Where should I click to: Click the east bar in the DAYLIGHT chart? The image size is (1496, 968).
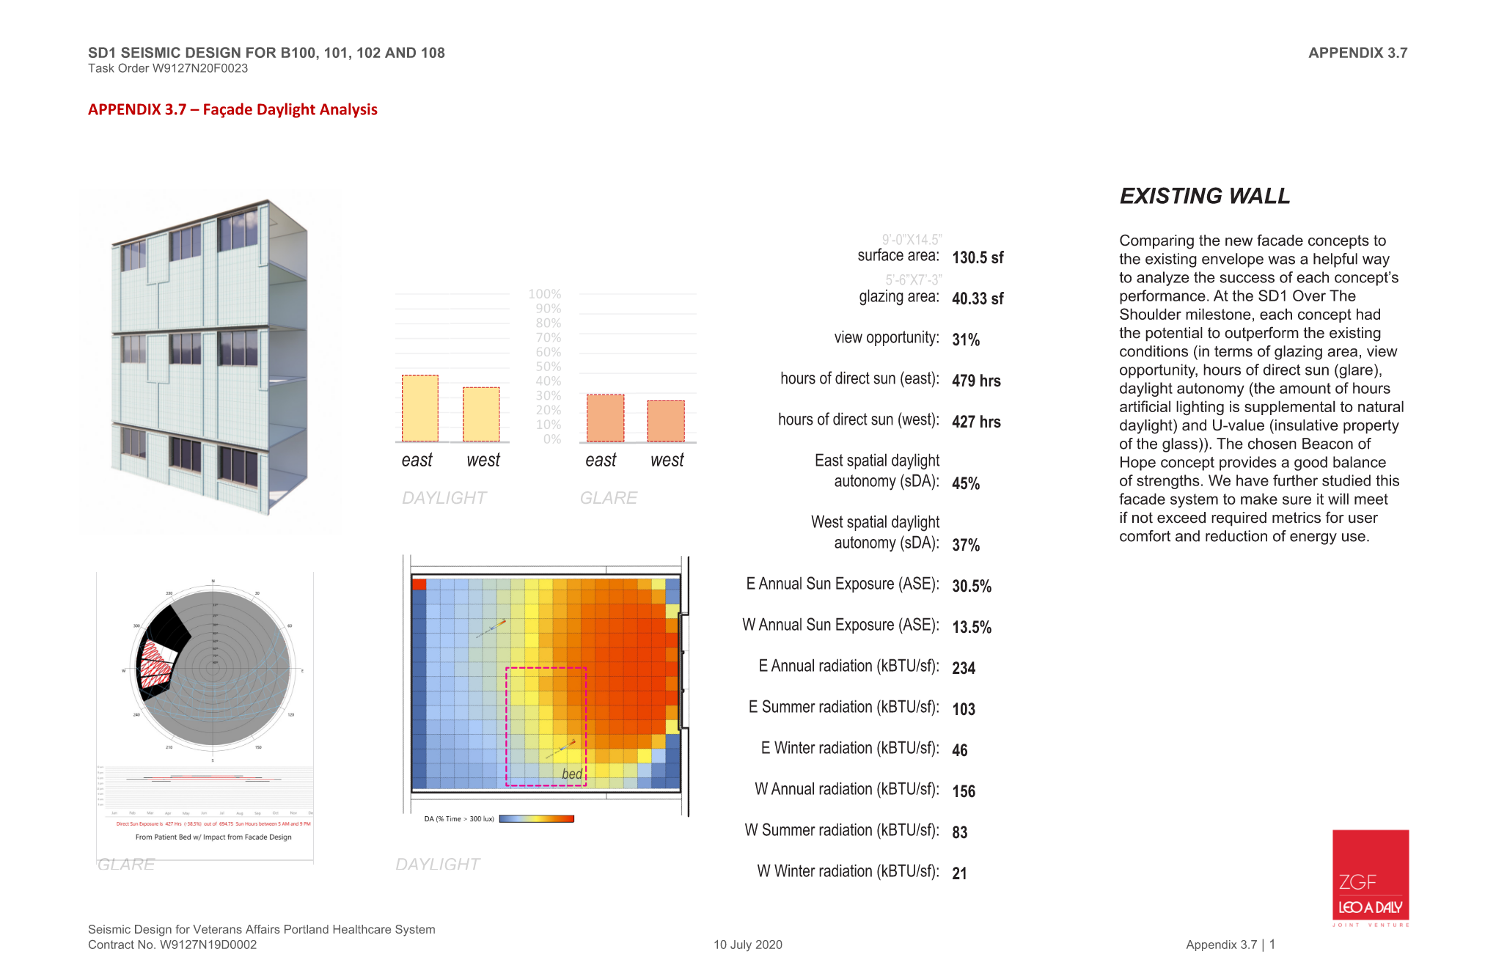420,408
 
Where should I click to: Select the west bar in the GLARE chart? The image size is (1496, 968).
666,421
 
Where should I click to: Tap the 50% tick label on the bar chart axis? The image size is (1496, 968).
548,367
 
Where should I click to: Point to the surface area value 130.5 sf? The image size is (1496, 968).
978,257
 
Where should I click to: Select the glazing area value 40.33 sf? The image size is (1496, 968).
978,298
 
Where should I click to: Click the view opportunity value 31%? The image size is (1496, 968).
966,340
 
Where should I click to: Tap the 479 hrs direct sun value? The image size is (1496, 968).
976,381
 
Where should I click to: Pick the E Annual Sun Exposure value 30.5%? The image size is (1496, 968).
972,586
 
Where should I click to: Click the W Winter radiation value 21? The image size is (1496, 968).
959,873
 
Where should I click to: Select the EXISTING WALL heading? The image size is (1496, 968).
1204,196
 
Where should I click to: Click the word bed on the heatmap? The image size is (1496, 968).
572,774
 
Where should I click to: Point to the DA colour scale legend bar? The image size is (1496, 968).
536,819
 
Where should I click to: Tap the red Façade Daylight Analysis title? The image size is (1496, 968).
232,109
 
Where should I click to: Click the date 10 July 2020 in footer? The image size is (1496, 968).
748,945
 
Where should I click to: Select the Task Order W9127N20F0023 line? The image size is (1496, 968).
168,68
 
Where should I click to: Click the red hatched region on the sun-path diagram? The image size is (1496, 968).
155,664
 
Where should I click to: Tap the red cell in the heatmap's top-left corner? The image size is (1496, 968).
419,584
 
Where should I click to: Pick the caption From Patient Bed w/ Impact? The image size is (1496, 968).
213,837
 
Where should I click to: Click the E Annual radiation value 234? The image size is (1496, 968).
964,668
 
